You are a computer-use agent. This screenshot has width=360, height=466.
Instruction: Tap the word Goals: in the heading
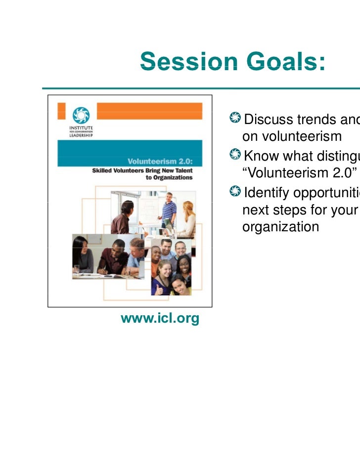tap(282, 63)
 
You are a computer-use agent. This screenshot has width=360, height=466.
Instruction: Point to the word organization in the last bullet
tap(280, 227)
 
